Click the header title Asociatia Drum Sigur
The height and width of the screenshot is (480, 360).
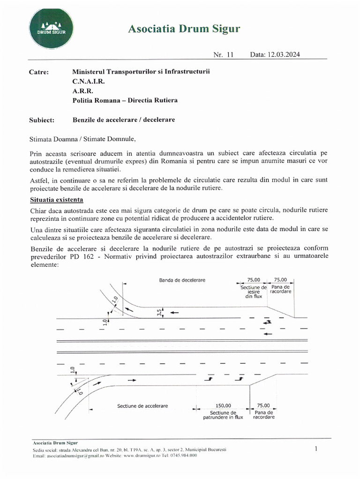click(184, 30)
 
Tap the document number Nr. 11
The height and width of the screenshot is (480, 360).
click(223, 54)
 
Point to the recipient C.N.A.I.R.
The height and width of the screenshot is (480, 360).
click(89, 82)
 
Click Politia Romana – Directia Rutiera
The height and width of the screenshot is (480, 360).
click(125, 100)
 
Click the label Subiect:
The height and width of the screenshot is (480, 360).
click(42, 120)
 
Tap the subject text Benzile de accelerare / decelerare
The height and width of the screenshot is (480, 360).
click(124, 120)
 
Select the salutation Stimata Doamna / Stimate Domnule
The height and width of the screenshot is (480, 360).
click(82, 139)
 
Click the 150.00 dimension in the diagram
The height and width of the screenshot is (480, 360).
click(223, 405)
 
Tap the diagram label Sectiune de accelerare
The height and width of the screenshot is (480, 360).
click(142, 405)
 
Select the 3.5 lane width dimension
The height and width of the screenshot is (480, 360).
click(160, 312)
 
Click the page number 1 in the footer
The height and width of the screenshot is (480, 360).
click(316, 449)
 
